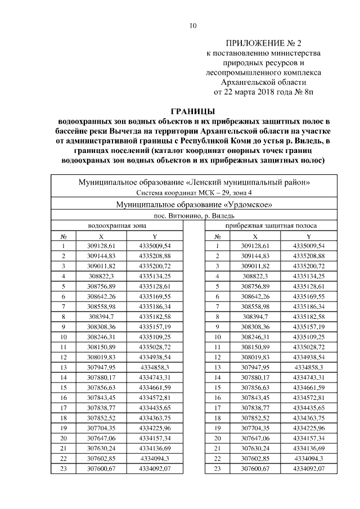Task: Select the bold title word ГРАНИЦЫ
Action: pyautogui.click(x=193, y=111)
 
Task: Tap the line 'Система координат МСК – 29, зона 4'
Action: pyautogui.click(x=193, y=192)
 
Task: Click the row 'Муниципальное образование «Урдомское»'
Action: pyautogui.click(x=193, y=204)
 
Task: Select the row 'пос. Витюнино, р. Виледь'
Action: pyautogui.click(x=193, y=215)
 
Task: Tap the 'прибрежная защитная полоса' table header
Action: pyautogui.click(x=271, y=226)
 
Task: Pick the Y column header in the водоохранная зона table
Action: pyautogui.click(x=154, y=236)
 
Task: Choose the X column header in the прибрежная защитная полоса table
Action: pyautogui.click(x=256, y=236)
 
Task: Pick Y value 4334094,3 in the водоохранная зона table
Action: pyautogui.click(x=154, y=458)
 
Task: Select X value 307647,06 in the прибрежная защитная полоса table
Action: pyautogui.click(x=256, y=438)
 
